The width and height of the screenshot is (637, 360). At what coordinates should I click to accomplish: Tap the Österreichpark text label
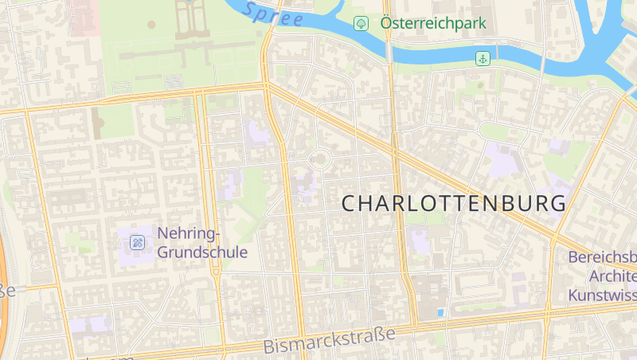pos(433,23)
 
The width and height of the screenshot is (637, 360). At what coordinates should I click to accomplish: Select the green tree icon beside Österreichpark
pos(361,23)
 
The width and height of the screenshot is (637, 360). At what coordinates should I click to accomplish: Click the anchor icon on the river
pos(483,58)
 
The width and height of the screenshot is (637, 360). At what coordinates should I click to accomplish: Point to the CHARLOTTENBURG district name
pos(455,203)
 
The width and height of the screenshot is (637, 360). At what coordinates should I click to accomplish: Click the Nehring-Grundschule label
pos(202,243)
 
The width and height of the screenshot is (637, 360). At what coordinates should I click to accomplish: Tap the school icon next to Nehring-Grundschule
pos(138,242)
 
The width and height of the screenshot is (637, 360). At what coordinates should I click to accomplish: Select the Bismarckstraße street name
pos(329,340)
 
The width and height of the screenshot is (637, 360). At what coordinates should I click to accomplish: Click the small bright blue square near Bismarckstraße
pos(440,312)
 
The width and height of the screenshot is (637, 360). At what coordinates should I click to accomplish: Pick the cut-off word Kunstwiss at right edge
pos(603,295)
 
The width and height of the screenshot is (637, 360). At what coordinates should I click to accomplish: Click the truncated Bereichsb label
pos(603,257)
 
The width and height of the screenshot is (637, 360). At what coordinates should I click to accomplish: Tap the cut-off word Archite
pos(613,276)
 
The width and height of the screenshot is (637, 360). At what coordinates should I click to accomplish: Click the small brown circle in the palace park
pos(151,24)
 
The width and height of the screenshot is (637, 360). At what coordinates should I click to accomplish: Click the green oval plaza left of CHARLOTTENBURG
pos(320,158)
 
